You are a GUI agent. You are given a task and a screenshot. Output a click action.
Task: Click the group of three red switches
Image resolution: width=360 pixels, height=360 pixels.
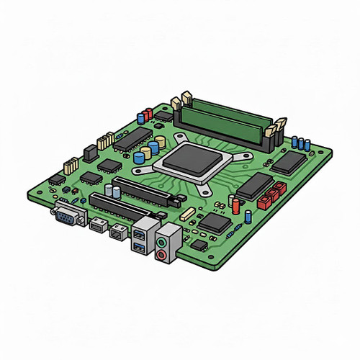[273, 194]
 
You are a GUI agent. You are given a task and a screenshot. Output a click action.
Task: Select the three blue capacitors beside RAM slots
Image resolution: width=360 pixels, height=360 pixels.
[302, 143]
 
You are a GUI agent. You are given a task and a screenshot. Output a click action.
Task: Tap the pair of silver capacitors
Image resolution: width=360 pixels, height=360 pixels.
[112, 190]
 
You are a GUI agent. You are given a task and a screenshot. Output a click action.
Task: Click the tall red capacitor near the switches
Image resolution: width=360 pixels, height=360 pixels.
[236, 207]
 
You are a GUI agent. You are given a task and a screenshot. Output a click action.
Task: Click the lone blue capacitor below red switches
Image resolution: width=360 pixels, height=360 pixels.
[248, 215]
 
